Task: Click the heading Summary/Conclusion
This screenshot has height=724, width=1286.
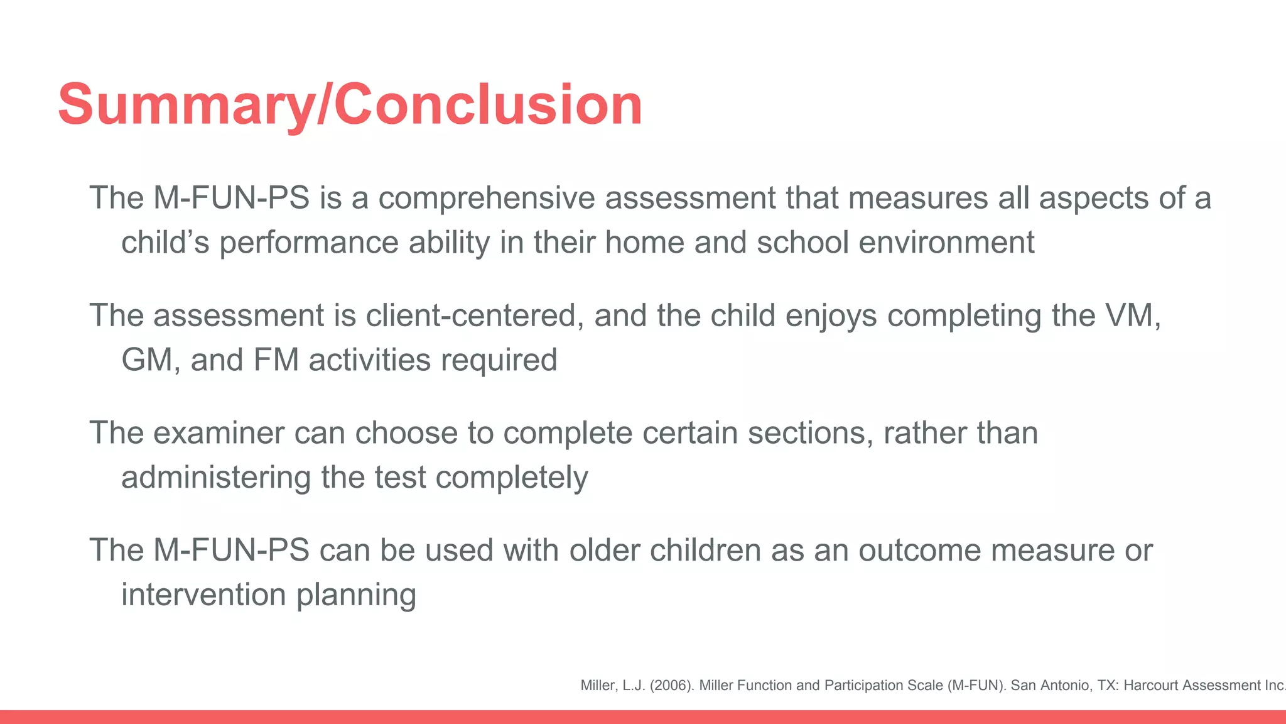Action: pos(350,104)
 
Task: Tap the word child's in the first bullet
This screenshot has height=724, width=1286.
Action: pos(165,243)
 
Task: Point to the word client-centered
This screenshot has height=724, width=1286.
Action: pos(471,315)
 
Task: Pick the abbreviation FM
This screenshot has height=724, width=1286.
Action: pos(276,360)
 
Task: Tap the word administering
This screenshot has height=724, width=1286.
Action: pos(216,478)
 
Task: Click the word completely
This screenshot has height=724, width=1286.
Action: pos(511,478)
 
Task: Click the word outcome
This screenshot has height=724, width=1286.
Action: pos(919,551)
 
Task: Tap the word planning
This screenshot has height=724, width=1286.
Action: pos(356,595)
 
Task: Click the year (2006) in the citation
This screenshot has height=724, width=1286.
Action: pos(671,686)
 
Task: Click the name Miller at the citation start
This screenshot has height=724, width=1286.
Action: pos(597,686)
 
